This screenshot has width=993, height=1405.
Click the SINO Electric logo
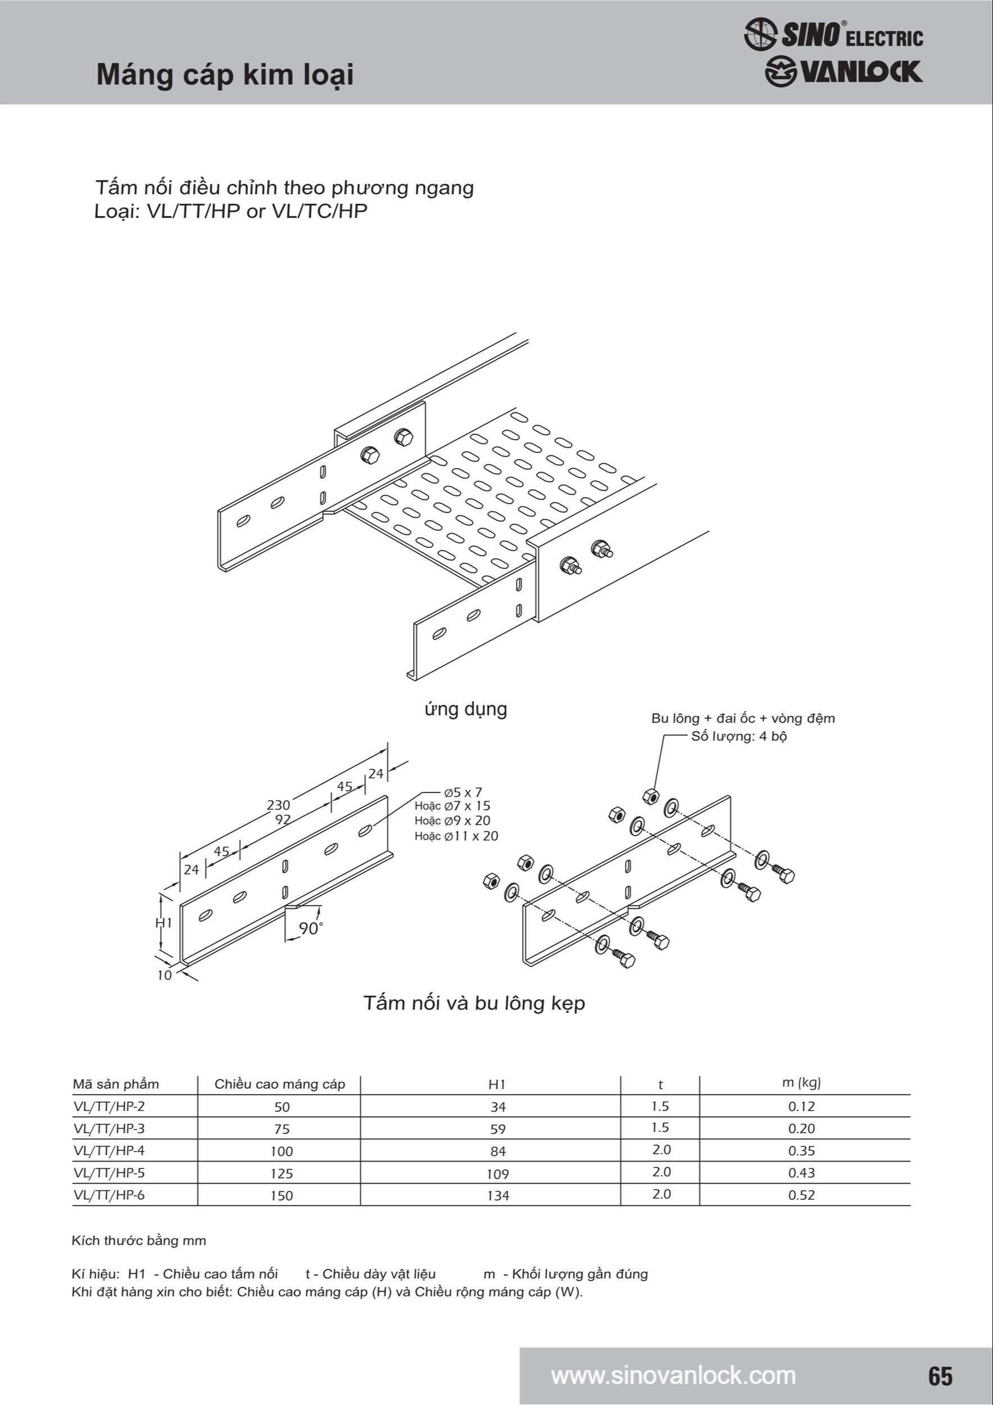click(x=833, y=34)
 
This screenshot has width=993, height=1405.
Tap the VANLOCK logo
click(x=843, y=71)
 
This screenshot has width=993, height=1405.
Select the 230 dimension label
click(x=278, y=805)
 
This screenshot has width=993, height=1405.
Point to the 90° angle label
click(x=310, y=928)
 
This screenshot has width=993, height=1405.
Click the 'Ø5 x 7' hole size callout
click(x=464, y=792)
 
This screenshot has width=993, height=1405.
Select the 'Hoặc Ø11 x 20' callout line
click(x=456, y=836)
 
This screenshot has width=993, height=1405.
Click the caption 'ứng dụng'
click(x=466, y=709)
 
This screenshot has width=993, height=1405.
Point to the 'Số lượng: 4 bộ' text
click(x=738, y=736)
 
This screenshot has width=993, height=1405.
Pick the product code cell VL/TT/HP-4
click(x=109, y=1150)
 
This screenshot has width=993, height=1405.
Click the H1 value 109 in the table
click(x=497, y=1173)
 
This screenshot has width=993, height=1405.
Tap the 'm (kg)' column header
click(x=801, y=1082)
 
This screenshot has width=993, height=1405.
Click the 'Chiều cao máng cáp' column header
click(x=280, y=1084)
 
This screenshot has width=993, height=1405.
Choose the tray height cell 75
click(x=282, y=1129)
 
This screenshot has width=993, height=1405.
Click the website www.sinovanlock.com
click(x=673, y=1375)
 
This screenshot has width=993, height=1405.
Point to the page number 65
click(x=940, y=1376)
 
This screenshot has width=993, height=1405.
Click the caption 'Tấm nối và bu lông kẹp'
click(x=474, y=1004)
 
